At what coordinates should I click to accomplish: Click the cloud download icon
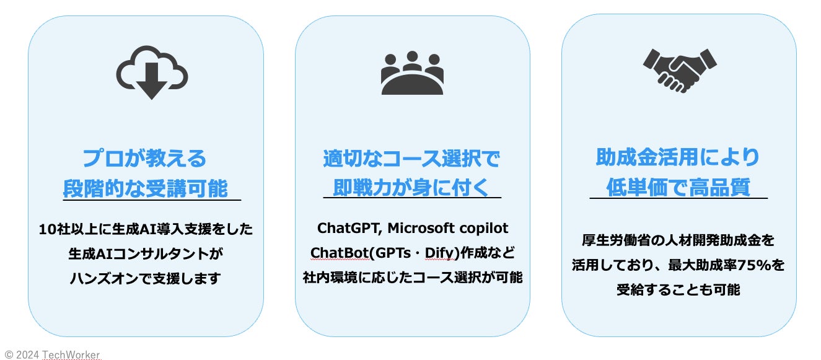click(152, 72)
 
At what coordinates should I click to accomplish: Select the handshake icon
click(680, 69)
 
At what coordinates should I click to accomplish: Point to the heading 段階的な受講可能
click(146, 188)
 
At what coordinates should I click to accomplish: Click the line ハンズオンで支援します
click(145, 278)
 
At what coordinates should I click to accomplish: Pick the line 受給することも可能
click(678, 290)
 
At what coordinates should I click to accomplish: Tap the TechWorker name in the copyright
click(71, 355)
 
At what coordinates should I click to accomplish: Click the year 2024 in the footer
click(27, 355)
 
